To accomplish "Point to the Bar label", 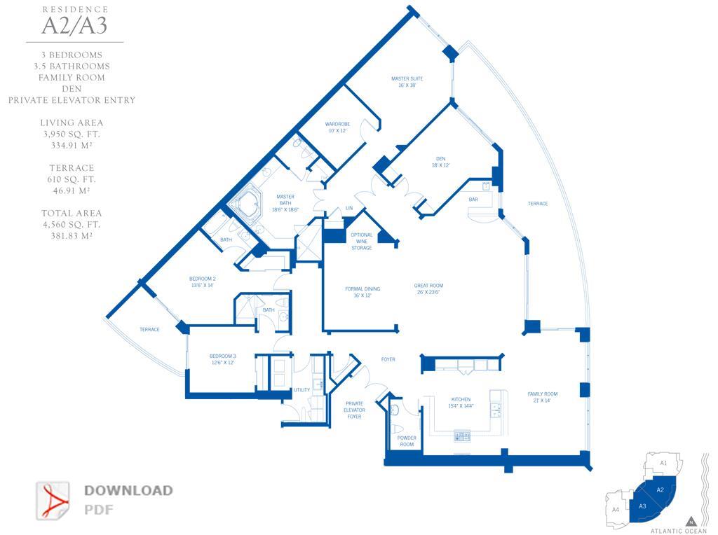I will [x=473, y=200].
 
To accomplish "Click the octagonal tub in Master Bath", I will [x=246, y=204].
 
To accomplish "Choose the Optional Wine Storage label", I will [x=362, y=241].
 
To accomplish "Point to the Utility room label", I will [x=302, y=390].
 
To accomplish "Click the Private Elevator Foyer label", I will [x=355, y=410].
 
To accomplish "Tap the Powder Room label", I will [x=407, y=441].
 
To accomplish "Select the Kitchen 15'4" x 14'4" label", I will [x=461, y=403].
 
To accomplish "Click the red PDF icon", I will [x=53, y=500].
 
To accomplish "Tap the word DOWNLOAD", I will [x=128, y=490].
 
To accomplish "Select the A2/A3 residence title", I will [x=74, y=26].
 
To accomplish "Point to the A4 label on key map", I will [x=615, y=509].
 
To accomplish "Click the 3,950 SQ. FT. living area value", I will [x=72, y=134].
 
